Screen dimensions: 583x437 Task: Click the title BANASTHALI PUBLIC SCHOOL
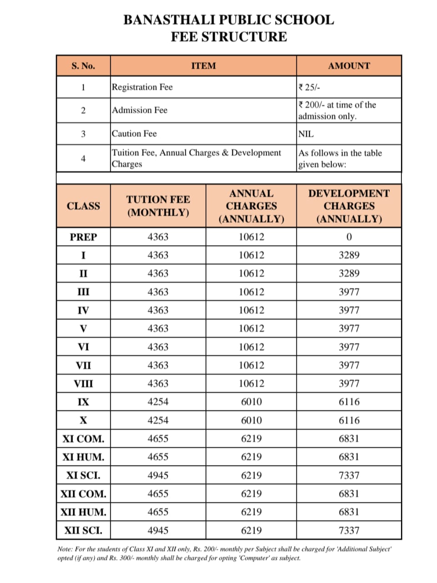[229, 20]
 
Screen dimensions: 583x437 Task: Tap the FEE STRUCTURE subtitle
[229, 37]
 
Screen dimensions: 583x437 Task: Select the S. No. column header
[83, 66]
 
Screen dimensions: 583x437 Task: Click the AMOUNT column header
[349, 66]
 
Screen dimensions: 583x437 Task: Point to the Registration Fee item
[142, 87]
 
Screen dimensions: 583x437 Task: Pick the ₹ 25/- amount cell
[310, 87]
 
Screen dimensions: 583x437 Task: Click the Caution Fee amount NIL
[306, 134]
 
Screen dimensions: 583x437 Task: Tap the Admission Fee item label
[140, 110]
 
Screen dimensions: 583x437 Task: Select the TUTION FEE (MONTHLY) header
[158, 206]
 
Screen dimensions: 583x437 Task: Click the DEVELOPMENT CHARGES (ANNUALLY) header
[349, 206]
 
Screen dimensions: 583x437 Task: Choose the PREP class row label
[83, 237]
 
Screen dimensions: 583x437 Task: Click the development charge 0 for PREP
[349, 237]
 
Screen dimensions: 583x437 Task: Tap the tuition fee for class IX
[158, 402]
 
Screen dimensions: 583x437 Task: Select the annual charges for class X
[251, 420]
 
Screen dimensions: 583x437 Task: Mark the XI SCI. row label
[83, 476]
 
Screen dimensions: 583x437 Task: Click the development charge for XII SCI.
[349, 531]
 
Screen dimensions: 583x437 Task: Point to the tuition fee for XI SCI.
[158, 476]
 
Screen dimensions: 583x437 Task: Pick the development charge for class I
[349, 255]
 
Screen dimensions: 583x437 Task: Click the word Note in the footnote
[65, 549]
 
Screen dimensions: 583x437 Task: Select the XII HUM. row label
[83, 512]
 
